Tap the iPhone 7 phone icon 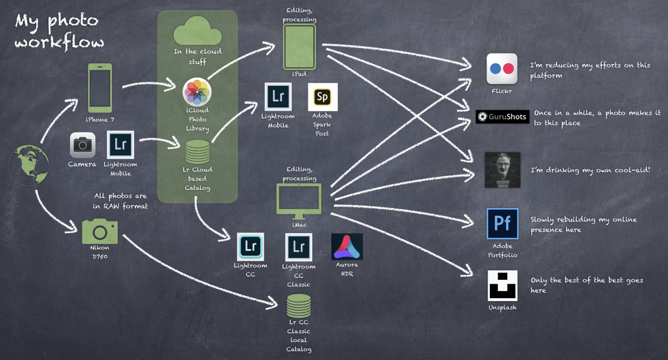coord(100,88)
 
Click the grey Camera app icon coord(82,145)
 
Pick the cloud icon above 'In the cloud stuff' coord(197,31)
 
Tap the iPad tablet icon coord(299,47)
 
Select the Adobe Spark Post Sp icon coord(322,97)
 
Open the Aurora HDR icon coord(347,247)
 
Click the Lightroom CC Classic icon coord(299,247)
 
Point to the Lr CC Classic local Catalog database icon coord(299,306)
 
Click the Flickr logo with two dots coord(502,69)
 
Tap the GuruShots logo coord(502,117)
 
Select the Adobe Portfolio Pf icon coord(502,224)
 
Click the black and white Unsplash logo coord(502,285)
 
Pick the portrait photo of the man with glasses coord(502,170)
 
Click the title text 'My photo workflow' coord(58,31)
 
